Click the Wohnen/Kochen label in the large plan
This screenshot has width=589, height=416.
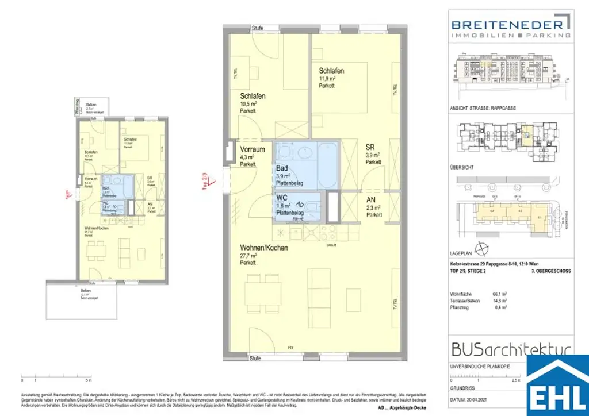tap(265, 248)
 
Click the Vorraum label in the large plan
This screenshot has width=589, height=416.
tap(253, 149)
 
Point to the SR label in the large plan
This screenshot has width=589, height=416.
tap(370, 147)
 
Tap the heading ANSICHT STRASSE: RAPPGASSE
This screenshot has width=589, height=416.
tap(481, 108)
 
